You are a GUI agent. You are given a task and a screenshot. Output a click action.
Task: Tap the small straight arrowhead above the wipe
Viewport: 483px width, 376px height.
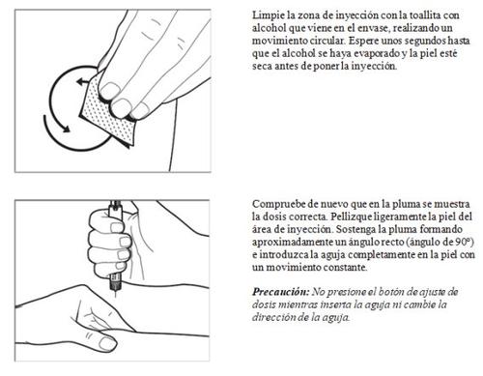80,81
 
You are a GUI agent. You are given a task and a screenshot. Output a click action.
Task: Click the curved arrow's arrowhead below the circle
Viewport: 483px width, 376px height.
66,129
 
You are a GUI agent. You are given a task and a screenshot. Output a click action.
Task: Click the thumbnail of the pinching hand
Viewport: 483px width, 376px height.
107,343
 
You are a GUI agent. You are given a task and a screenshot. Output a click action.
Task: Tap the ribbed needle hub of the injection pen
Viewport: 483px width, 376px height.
115,282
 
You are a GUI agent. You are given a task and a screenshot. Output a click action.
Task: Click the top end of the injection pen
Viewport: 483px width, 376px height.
115,203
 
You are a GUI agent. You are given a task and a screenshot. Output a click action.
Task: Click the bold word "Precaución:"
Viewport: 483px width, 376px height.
280,292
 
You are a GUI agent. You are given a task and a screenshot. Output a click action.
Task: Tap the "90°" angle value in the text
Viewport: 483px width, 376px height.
465,242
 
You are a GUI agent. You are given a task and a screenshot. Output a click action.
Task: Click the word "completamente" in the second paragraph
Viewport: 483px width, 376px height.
381,255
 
